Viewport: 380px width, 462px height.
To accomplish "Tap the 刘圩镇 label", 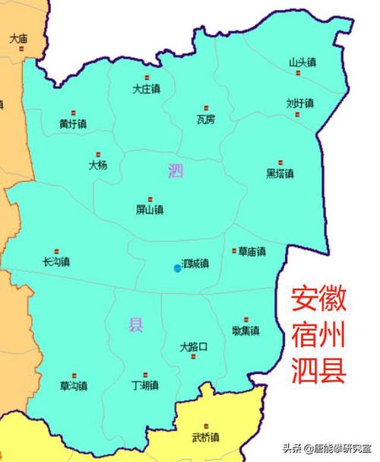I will (x=299, y=103).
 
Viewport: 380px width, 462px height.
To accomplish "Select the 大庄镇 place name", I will (x=146, y=88).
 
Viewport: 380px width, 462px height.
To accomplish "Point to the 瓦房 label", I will (x=206, y=119).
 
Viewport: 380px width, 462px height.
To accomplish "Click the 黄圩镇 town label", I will (x=73, y=123).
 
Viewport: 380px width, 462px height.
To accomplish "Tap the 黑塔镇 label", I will (x=280, y=173).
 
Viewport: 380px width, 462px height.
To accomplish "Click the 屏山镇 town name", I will (x=149, y=209).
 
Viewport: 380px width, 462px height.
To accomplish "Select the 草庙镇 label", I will (x=251, y=251).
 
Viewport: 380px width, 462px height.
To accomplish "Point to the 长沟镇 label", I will (x=57, y=261).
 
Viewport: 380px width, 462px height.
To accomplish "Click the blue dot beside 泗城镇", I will (x=177, y=268).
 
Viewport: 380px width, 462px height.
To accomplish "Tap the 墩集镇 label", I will (x=245, y=330).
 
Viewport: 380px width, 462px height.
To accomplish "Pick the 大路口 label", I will (x=194, y=346).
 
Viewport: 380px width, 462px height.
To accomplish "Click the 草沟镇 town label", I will (x=74, y=386).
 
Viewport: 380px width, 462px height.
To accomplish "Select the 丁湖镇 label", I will (x=144, y=385).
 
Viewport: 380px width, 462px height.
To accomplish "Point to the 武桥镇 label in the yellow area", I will (x=205, y=437).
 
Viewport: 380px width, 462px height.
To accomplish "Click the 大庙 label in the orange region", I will (x=19, y=37).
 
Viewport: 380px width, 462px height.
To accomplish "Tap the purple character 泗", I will (x=176, y=171).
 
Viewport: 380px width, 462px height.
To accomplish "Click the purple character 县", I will (x=135, y=326).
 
